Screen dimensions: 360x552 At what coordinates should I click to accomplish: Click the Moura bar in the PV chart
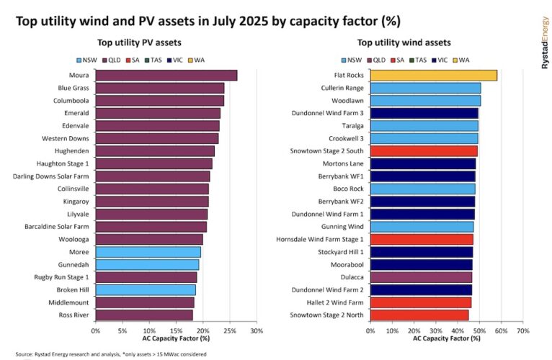(x=166, y=75)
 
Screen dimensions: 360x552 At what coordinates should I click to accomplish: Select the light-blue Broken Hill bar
(x=146, y=289)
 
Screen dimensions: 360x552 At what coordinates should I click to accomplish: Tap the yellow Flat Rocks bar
(x=433, y=75)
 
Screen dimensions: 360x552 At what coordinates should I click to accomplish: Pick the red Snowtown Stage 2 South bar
(x=424, y=150)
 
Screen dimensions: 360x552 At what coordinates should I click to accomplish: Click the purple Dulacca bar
(x=421, y=277)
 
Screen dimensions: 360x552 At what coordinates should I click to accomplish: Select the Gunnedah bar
(x=147, y=264)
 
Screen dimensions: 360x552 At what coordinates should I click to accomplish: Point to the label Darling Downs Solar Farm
(x=50, y=176)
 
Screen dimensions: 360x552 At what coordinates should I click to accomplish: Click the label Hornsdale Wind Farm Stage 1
(x=320, y=239)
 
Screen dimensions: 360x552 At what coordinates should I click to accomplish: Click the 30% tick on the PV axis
(x=256, y=331)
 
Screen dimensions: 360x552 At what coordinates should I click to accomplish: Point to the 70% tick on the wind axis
(x=523, y=331)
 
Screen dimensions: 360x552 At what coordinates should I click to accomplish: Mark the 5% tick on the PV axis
(x=123, y=331)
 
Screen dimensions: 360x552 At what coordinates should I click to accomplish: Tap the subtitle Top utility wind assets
(x=404, y=43)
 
